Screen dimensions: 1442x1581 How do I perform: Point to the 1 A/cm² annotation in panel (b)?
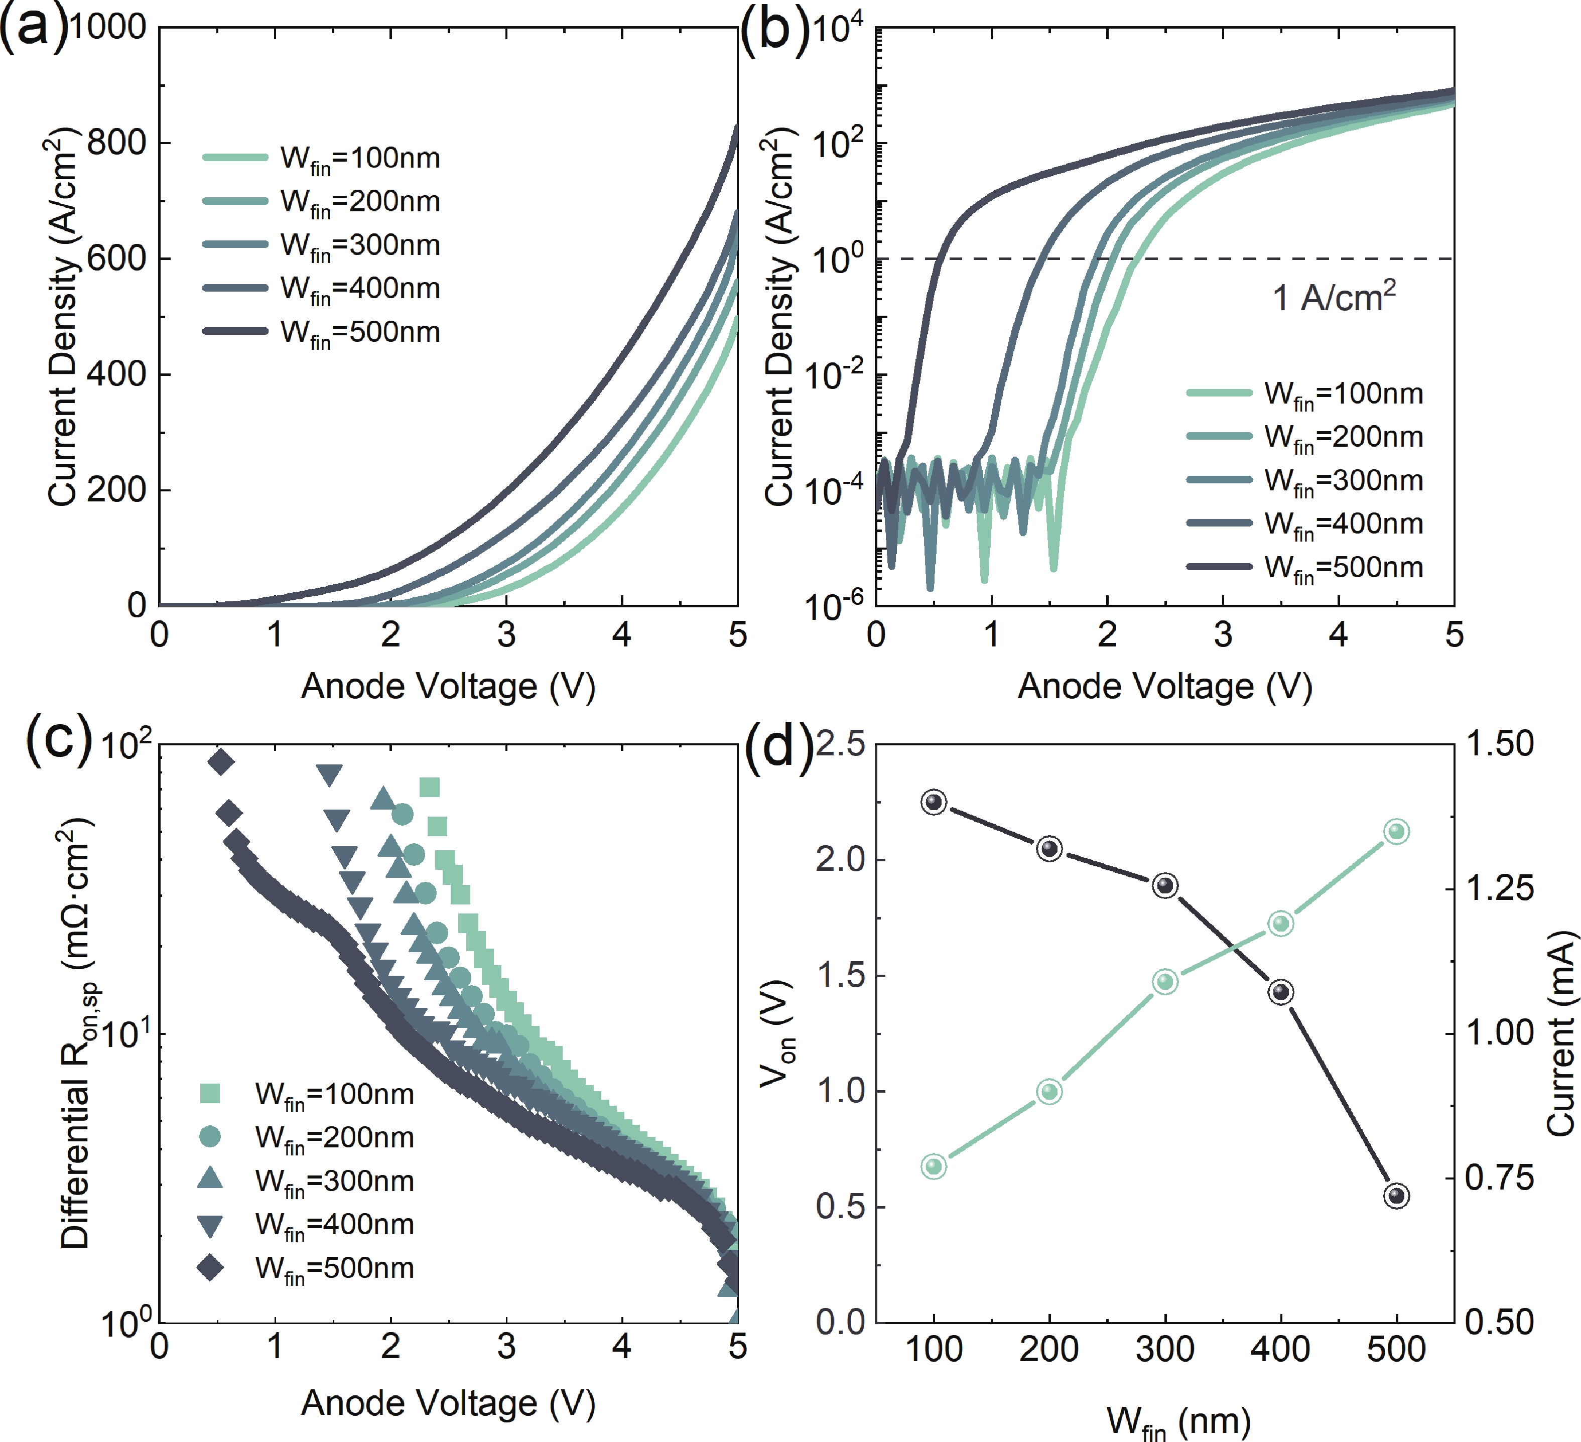1333,298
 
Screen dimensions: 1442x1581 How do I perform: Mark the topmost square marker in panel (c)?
429,788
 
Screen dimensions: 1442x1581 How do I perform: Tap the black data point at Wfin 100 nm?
933,802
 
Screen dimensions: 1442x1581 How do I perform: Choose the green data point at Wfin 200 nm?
1049,1092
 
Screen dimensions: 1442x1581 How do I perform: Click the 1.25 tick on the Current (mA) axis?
1500,888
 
